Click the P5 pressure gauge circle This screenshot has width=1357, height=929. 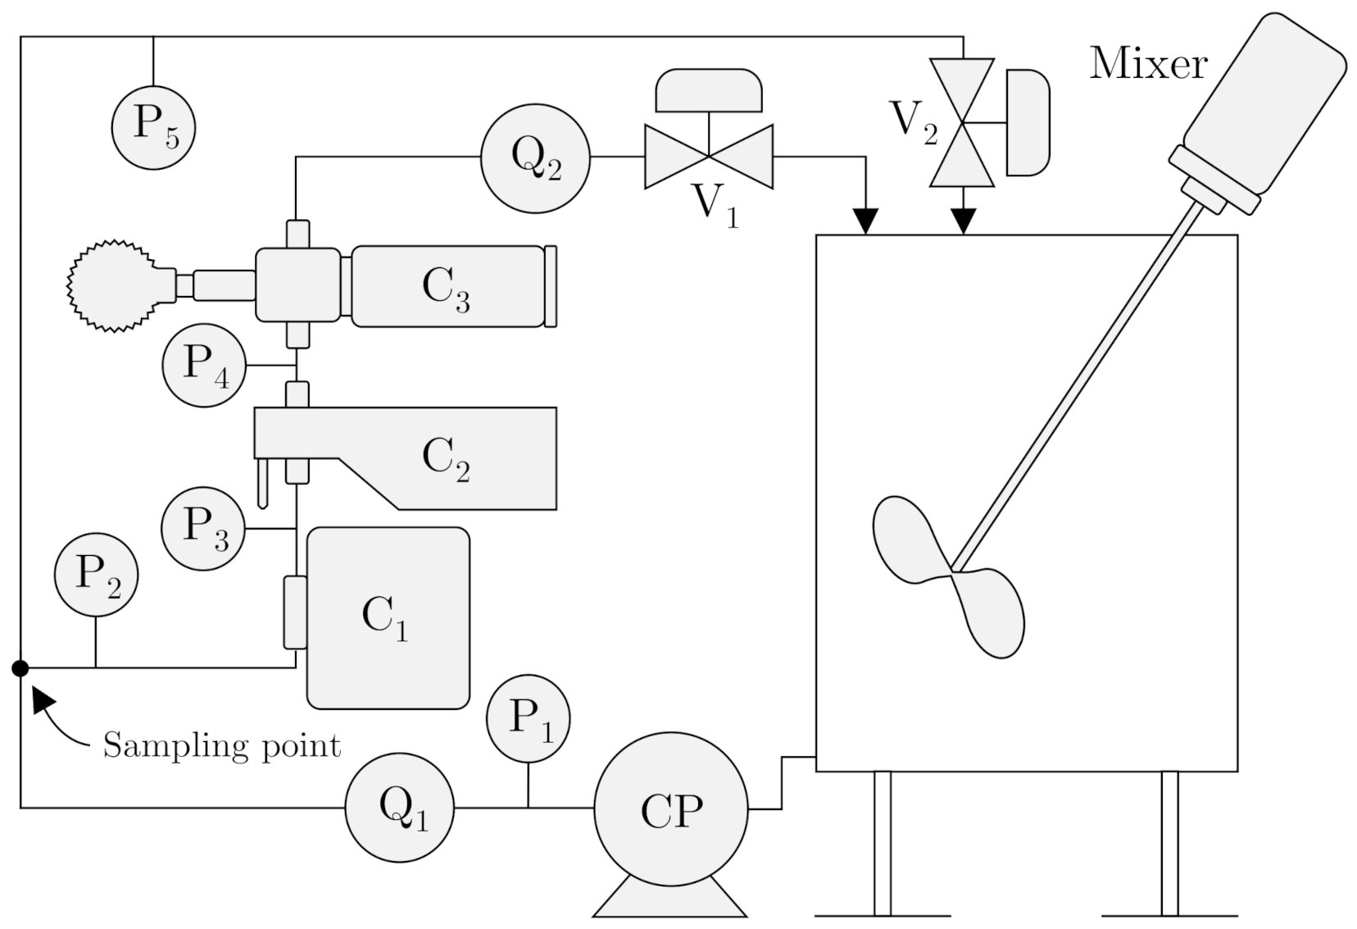click(153, 127)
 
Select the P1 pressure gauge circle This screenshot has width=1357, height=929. click(528, 719)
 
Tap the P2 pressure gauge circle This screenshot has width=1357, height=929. click(96, 575)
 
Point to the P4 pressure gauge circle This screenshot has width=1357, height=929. click(204, 365)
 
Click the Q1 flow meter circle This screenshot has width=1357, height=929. click(399, 808)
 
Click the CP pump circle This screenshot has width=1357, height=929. click(670, 809)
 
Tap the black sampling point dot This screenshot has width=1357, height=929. click(20, 668)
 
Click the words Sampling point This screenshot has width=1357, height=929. click(221, 746)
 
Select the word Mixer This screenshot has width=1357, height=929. click(1147, 64)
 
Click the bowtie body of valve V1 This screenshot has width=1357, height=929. click(709, 157)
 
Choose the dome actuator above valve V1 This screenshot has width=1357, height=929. click(709, 89)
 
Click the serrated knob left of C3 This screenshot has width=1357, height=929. click(111, 285)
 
